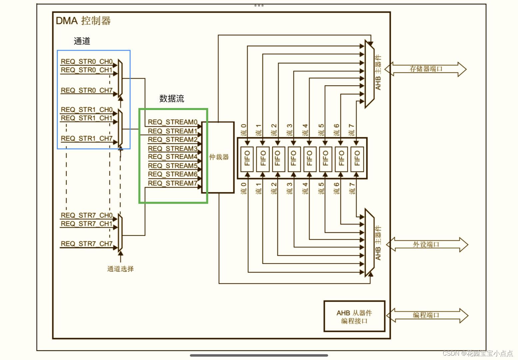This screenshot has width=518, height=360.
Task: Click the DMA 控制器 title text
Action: (x=83, y=21)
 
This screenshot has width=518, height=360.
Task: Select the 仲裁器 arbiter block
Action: (x=219, y=157)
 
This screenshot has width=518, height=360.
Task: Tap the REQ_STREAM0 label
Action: (x=172, y=122)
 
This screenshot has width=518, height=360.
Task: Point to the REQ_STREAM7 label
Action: (x=172, y=183)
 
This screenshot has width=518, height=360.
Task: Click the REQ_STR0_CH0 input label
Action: (x=87, y=62)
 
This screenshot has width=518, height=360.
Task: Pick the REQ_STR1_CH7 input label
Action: (x=87, y=138)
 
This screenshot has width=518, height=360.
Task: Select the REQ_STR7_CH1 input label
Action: (x=87, y=224)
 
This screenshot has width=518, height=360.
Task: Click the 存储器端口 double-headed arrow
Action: (x=426, y=69)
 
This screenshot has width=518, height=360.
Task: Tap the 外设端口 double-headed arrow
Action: (x=427, y=244)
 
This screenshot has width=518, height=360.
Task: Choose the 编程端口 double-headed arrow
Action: (x=427, y=315)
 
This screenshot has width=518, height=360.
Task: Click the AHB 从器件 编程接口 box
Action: (x=354, y=317)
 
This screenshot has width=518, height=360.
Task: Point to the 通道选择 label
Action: (x=120, y=269)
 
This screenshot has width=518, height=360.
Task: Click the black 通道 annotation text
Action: (x=82, y=41)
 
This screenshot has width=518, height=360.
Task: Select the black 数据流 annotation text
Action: (x=172, y=99)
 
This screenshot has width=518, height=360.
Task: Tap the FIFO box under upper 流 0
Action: (x=247, y=158)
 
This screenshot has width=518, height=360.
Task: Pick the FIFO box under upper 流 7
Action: (x=357, y=158)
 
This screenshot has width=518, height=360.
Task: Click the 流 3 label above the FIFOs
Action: (x=290, y=130)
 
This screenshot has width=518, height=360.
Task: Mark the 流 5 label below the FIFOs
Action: (x=321, y=189)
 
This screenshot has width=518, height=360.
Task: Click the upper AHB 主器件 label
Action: (x=378, y=72)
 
